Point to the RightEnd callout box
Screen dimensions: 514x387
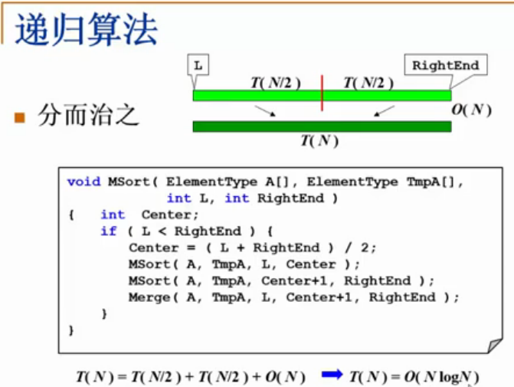tap(445, 65)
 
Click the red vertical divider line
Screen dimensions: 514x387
tap(322, 93)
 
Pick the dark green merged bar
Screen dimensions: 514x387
tap(322, 126)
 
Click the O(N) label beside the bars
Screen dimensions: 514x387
tap(470, 110)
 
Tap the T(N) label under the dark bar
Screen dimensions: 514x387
tap(319, 141)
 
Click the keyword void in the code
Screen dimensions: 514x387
tap(83, 182)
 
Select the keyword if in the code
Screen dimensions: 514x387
tap(108, 231)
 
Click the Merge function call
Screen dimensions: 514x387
tap(149, 297)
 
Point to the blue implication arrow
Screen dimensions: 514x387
tap(332, 376)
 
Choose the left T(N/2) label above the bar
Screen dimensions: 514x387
tap(275, 83)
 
